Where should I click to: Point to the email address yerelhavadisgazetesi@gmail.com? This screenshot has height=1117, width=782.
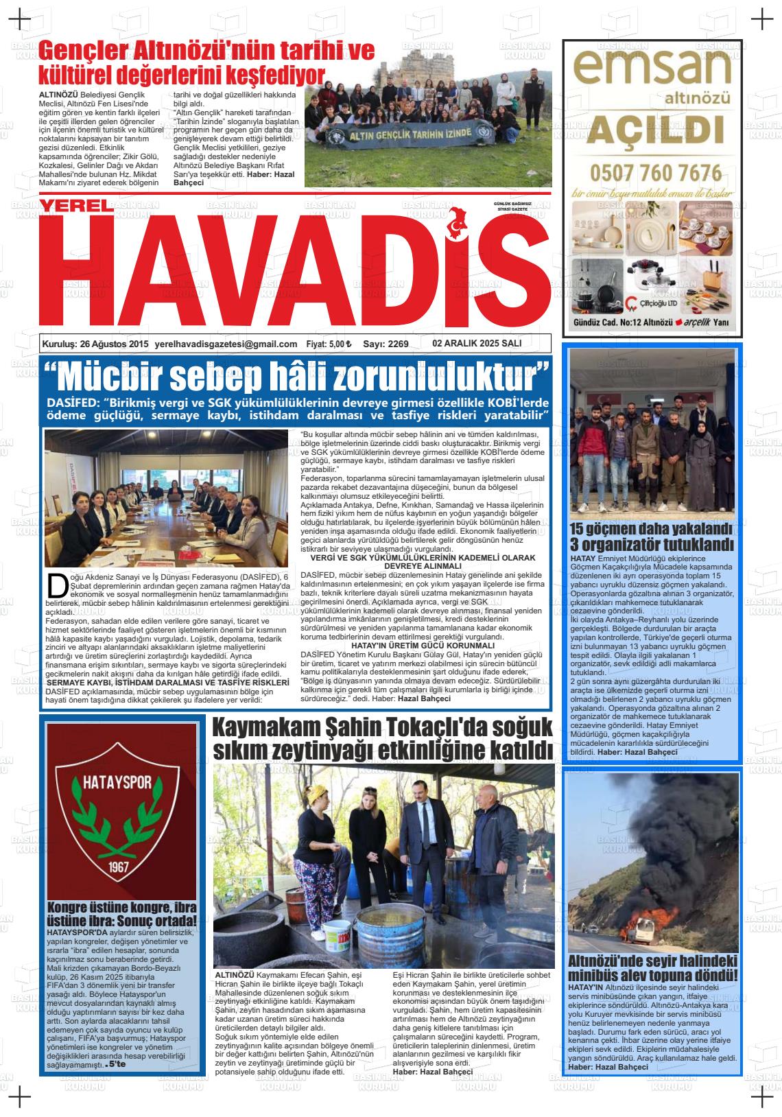(x=226, y=344)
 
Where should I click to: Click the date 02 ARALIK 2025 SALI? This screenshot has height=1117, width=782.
(x=477, y=344)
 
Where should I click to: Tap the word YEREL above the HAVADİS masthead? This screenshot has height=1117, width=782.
(x=74, y=206)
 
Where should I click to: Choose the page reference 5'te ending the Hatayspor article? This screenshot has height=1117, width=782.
(x=116, y=1066)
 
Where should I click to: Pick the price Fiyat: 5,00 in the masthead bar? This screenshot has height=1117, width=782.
(x=329, y=344)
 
